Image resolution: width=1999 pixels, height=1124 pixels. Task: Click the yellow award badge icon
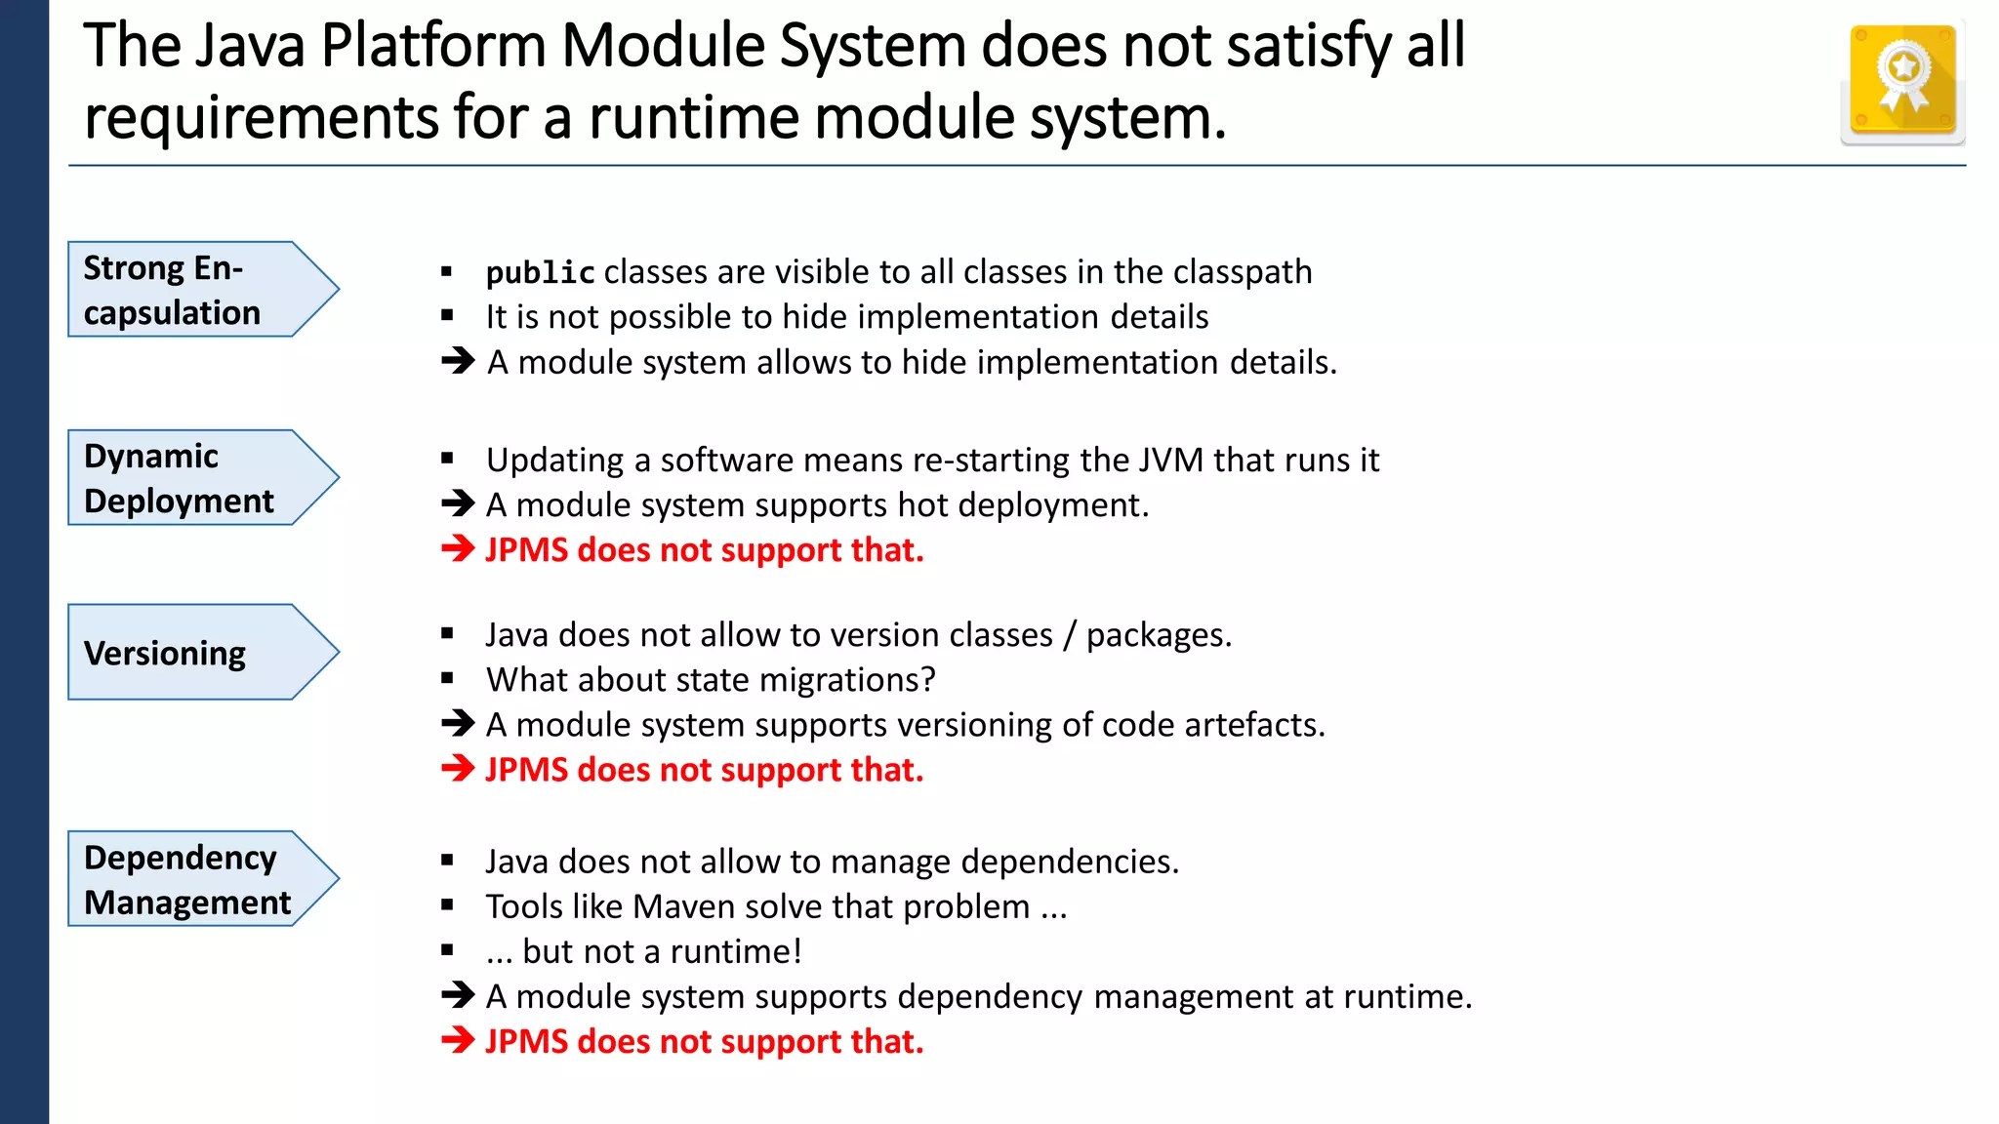click(x=1902, y=82)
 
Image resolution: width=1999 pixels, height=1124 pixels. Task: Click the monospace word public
click(x=541, y=273)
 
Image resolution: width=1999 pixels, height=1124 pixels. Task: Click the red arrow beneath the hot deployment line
click(x=458, y=549)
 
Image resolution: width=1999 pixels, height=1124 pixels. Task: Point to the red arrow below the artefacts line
click(x=458, y=770)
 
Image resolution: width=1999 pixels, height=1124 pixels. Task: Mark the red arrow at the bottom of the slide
click(x=458, y=1041)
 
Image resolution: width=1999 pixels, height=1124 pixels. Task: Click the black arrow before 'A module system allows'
click(x=458, y=362)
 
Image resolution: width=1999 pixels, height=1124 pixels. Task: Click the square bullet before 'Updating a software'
click(x=447, y=459)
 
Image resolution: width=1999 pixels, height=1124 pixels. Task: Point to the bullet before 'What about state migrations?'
click(x=447, y=679)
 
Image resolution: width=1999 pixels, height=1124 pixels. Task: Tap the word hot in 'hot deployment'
click(x=918, y=505)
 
